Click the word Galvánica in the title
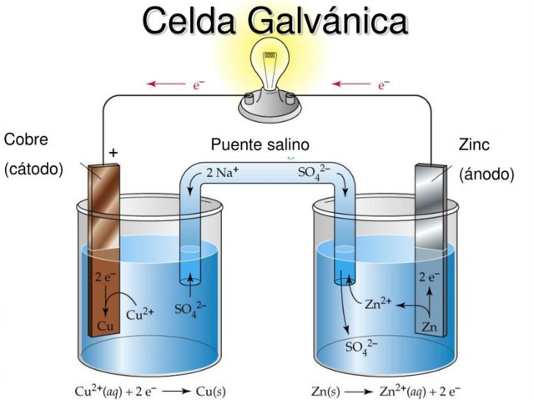[x=328, y=23]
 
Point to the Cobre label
[x=26, y=139]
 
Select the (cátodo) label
[x=33, y=169]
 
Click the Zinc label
[x=475, y=144]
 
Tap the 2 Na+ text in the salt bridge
[x=223, y=173]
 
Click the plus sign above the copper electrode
[x=113, y=154]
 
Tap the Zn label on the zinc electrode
[x=428, y=327]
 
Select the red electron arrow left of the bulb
[x=169, y=84]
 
